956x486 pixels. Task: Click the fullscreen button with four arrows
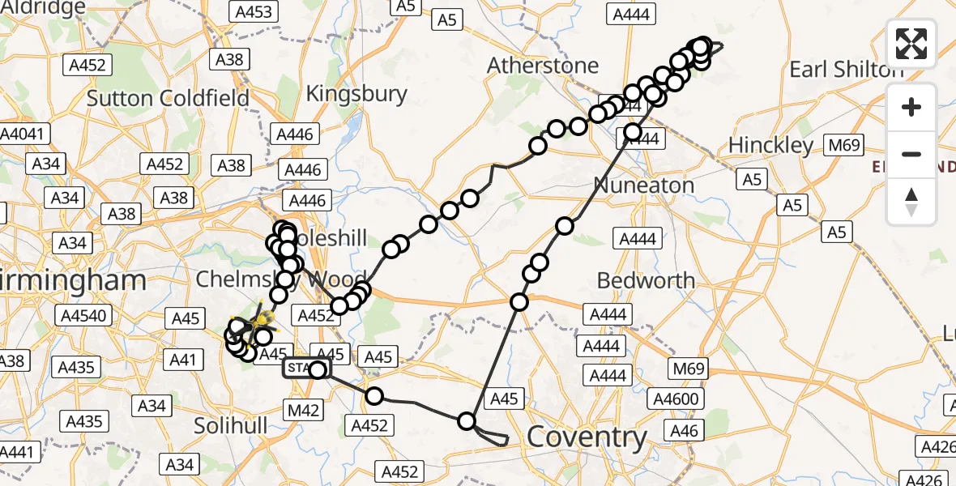point(911,43)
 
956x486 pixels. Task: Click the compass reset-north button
point(911,201)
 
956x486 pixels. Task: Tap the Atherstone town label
point(544,66)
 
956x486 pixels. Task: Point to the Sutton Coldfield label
point(168,99)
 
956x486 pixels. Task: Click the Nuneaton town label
point(644,185)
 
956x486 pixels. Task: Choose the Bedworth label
point(646,281)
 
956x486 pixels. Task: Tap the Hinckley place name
point(770,146)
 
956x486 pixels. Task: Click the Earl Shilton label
point(846,70)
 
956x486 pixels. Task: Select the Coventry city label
point(587,438)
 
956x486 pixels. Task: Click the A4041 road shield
point(25,134)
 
